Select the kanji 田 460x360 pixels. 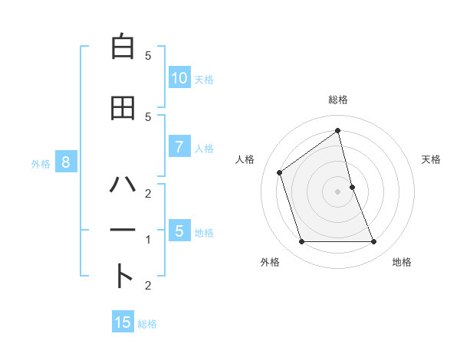tap(123, 108)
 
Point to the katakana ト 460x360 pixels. tap(123, 276)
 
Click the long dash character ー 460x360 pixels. tap(123, 230)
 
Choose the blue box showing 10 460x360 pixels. tap(179, 78)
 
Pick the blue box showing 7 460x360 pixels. tap(179, 147)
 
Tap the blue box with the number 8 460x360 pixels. tap(66, 162)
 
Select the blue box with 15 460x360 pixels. tap(123, 322)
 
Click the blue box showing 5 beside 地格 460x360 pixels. tap(179, 231)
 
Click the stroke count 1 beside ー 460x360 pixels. tap(148, 240)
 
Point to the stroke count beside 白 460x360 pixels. tap(148, 56)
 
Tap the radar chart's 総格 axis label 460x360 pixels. tap(338, 100)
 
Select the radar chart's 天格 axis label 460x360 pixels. tap(432, 159)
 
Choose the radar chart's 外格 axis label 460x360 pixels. tap(270, 262)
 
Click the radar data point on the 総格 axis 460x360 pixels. tap(338, 130)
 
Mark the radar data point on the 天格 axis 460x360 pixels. tap(353, 186)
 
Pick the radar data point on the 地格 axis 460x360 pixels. tap(374, 242)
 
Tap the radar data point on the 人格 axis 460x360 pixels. tap(279, 172)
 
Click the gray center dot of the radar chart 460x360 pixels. tap(338, 191)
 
